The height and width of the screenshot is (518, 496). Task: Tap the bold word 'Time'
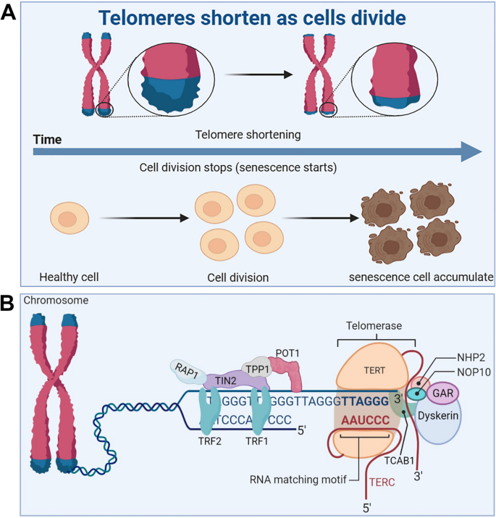tap(48, 139)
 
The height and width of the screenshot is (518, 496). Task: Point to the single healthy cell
tap(68, 219)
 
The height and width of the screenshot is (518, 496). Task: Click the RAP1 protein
tap(186, 369)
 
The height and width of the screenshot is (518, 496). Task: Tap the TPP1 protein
tap(258, 367)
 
